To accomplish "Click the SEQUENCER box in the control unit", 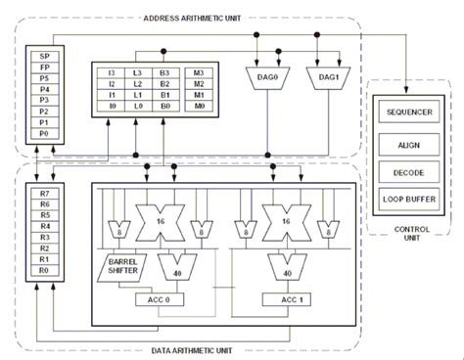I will coord(411,112).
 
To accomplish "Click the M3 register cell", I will coord(200,73).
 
